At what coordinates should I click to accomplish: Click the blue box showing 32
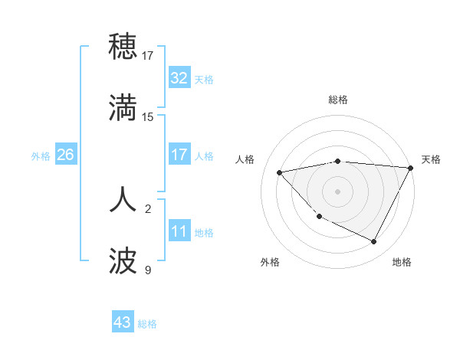point(179,78)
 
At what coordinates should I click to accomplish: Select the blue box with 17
point(179,155)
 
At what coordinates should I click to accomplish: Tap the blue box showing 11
point(179,231)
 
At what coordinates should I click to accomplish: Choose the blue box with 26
point(65,155)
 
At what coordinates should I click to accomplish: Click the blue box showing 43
point(122,322)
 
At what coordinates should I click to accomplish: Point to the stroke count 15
point(148,117)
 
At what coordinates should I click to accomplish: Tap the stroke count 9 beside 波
point(148,270)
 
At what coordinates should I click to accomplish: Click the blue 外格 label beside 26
point(41,155)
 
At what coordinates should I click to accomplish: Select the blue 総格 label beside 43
point(147,323)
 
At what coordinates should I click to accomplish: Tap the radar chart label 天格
point(431,159)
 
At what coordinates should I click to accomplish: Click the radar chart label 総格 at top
point(338,100)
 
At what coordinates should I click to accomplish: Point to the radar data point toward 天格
point(411,168)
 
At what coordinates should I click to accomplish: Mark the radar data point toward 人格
point(280,172)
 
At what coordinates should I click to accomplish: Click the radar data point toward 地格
point(373,241)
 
